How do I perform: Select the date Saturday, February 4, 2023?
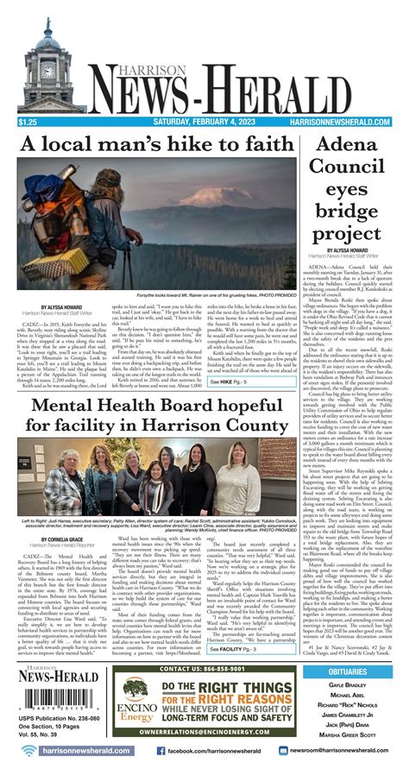click(204, 124)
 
